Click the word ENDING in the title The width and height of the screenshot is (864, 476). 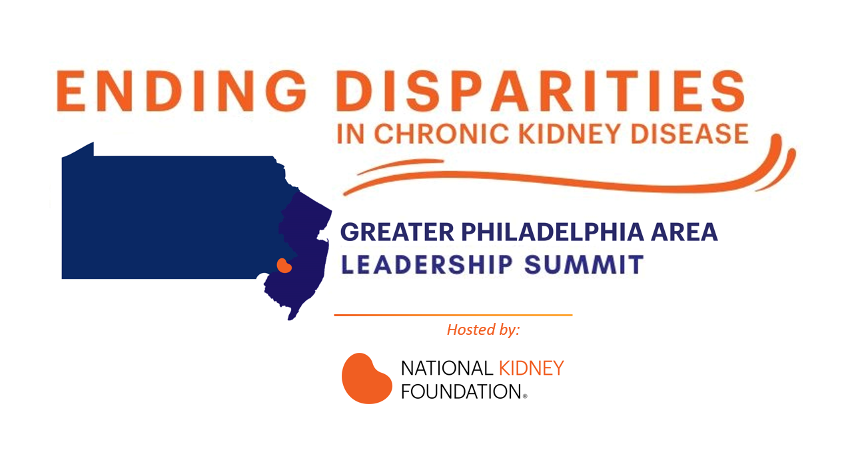(181, 91)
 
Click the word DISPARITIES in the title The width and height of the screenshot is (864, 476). (540, 91)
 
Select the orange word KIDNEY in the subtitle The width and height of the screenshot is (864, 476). (570, 134)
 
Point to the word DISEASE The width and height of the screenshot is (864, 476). (689, 134)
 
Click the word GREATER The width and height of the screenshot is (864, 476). (397, 232)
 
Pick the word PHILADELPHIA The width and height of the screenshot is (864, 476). (552, 232)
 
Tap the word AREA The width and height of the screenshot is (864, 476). (684, 232)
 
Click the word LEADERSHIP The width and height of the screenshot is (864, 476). (427, 265)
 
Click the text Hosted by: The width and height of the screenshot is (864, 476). (484, 330)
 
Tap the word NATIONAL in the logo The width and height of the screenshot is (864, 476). (447, 368)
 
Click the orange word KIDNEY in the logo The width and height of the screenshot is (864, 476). (531, 368)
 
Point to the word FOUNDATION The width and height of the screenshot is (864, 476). (462, 392)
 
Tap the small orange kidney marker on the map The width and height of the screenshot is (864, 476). (284, 266)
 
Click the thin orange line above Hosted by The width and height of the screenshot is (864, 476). (453, 316)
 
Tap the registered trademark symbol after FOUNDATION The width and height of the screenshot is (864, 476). (525, 396)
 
